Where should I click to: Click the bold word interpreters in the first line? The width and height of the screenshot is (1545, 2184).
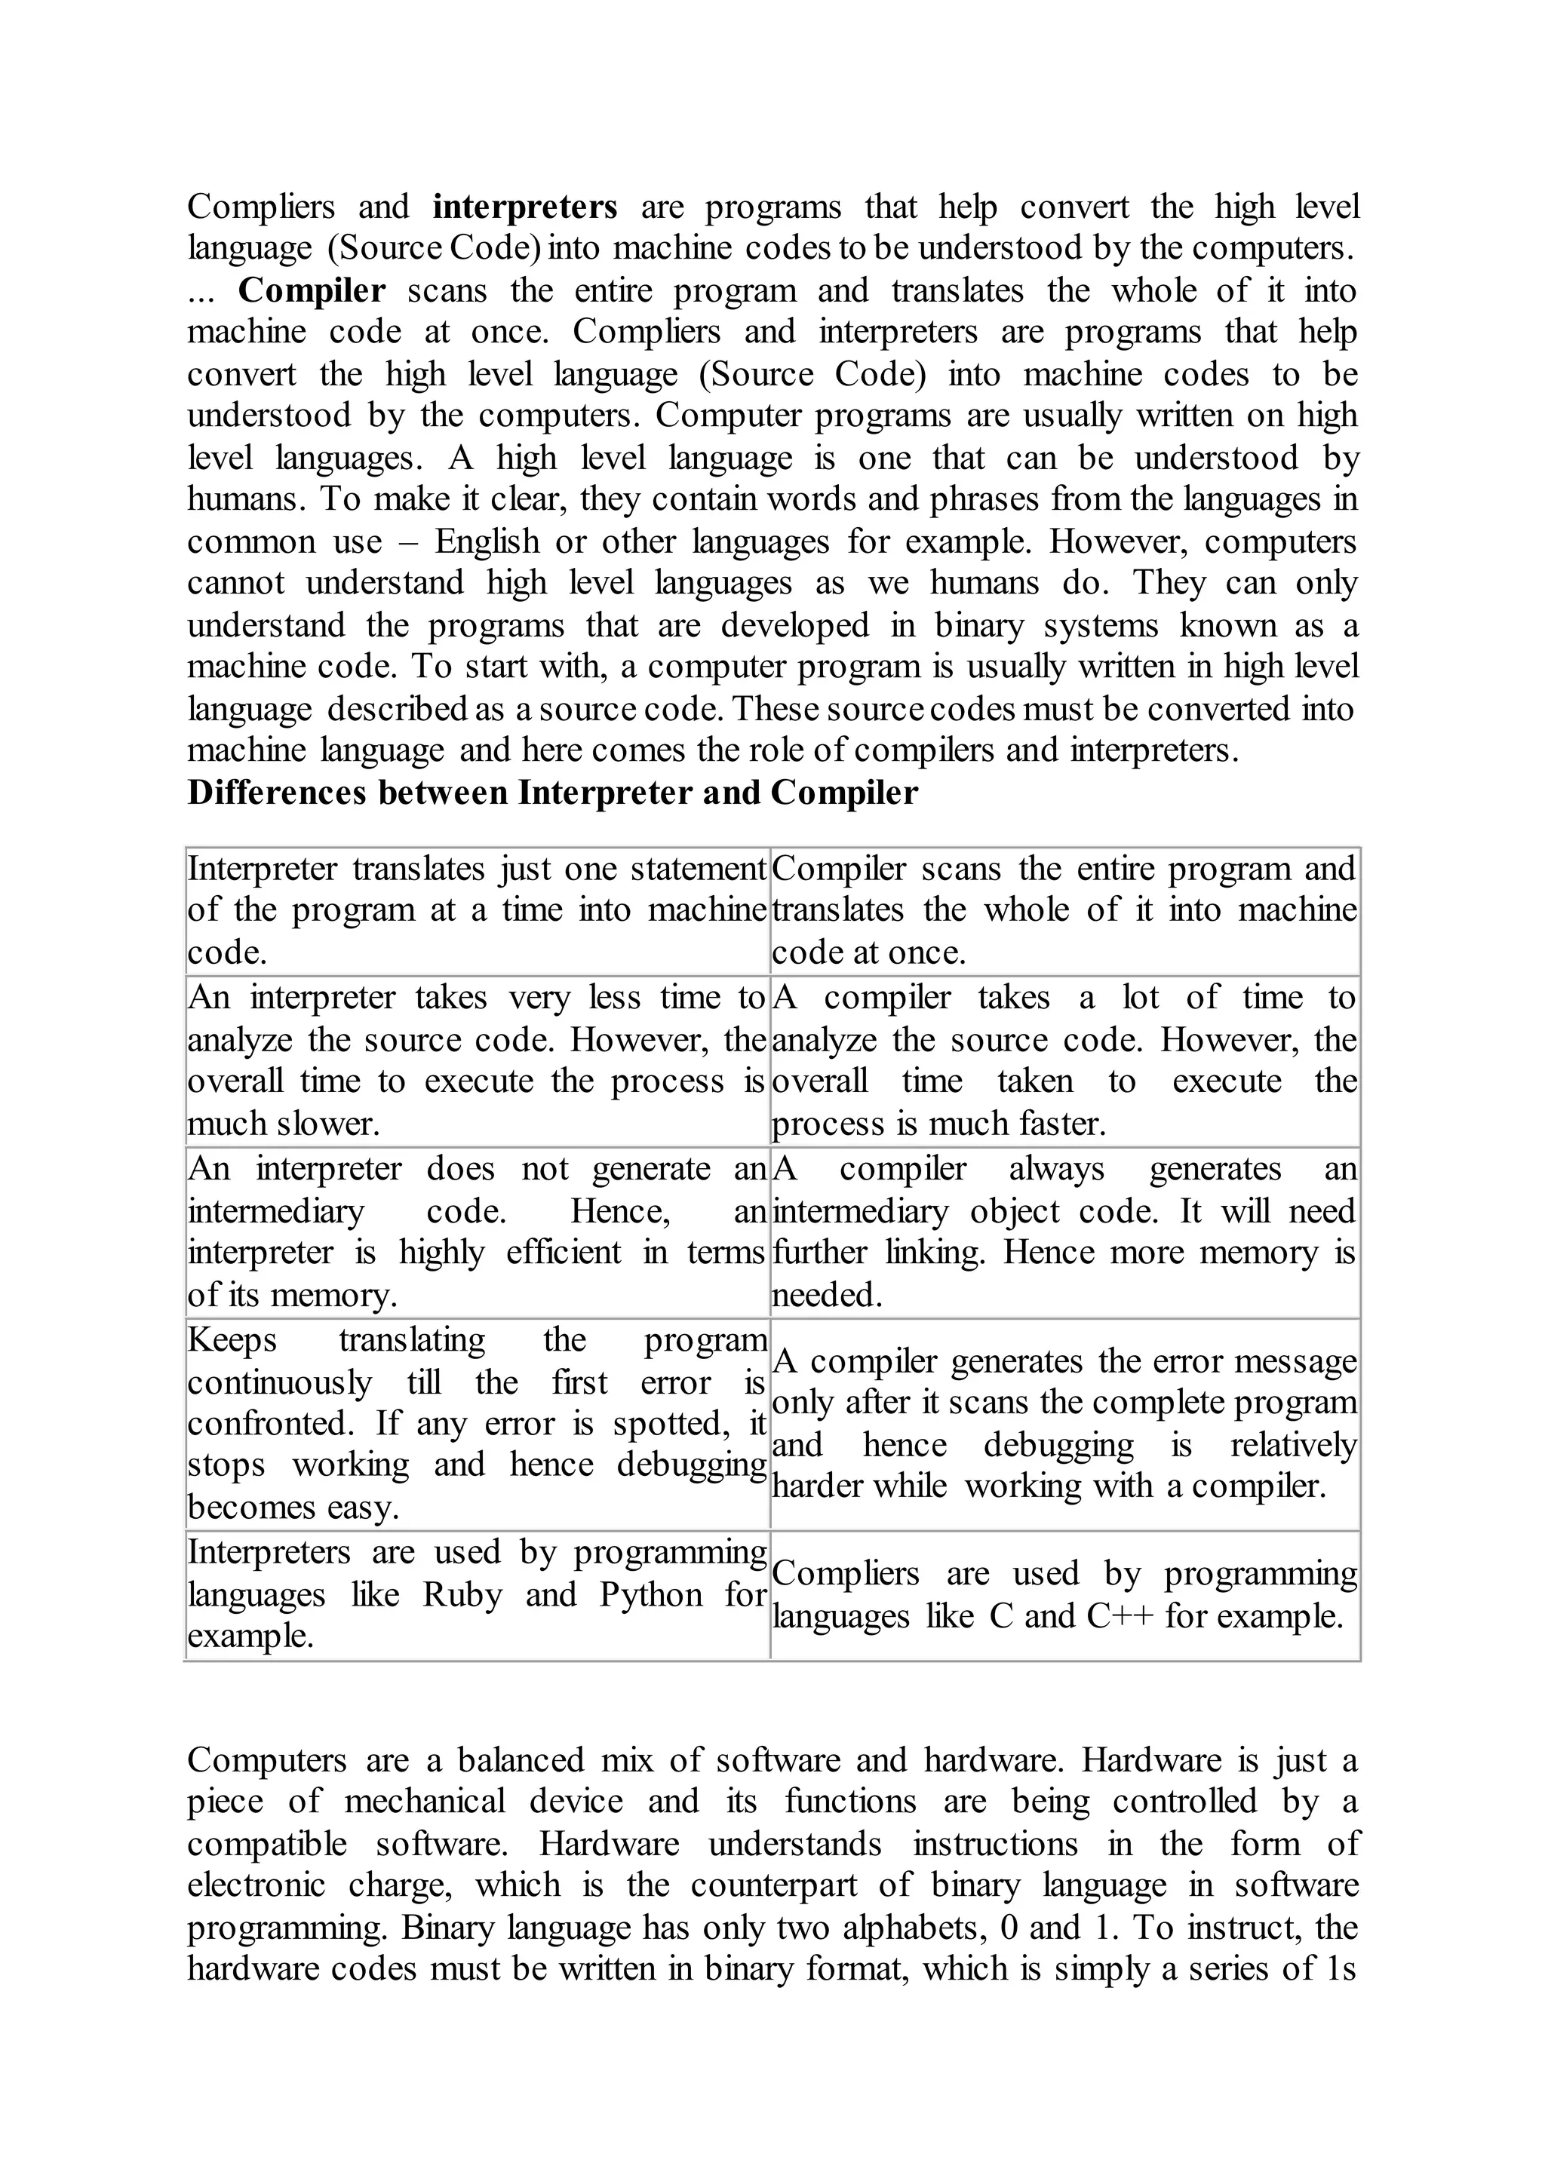[x=524, y=207]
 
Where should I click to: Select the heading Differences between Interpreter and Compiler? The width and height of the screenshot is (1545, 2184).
[x=551, y=793]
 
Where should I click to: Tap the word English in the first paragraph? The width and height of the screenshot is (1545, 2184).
[x=489, y=541]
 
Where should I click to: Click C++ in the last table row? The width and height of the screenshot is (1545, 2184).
[x=1120, y=1616]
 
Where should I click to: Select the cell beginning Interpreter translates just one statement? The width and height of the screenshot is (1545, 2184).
[x=477, y=910]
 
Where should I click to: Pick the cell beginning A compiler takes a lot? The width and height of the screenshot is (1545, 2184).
[x=1064, y=1060]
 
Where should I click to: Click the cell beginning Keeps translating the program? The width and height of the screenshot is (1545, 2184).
[x=477, y=1423]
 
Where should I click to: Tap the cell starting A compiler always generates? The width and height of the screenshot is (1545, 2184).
[x=1064, y=1231]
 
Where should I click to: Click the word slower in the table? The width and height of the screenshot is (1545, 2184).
[x=328, y=1124]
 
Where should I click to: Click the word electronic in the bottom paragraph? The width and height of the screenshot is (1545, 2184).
[x=256, y=1885]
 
